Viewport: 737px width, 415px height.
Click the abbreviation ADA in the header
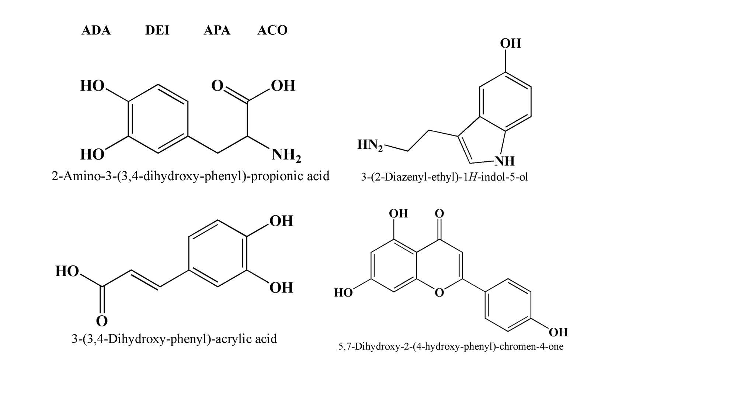(96, 30)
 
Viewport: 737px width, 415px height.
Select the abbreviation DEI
(157, 30)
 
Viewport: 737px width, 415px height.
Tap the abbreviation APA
(217, 30)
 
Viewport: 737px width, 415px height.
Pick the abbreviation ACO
(272, 30)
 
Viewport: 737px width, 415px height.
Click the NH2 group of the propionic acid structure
(286, 155)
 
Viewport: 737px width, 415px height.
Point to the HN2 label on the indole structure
(370, 145)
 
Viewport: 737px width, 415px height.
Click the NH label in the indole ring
(504, 161)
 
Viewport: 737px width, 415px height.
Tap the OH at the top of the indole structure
(510, 44)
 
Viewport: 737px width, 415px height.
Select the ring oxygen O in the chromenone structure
(439, 293)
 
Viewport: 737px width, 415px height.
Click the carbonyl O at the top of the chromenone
(439, 213)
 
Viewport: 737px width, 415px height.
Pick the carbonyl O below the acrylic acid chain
(102, 321)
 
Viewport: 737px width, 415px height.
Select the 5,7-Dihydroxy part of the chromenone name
(364, 346)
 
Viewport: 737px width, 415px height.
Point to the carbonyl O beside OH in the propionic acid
(217, 86)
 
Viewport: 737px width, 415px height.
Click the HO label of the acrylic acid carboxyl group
(67, 271)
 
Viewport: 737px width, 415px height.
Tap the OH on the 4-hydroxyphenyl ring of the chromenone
(558, 332)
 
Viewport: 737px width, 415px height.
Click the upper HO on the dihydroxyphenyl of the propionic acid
(92, 86)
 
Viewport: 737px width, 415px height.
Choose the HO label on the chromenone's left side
(343, 293)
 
